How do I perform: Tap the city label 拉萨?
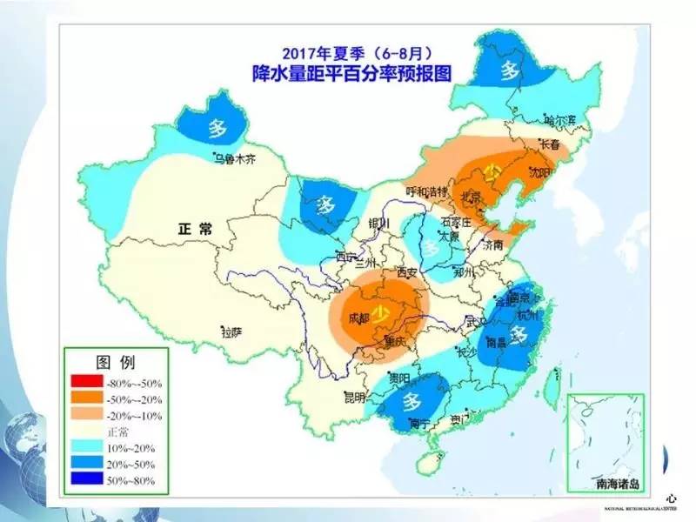(231, 331)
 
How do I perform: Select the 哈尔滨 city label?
(561, 120)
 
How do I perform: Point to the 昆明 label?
(355, 398)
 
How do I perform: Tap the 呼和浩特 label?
(426, 191)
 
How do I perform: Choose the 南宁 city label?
(419, 425)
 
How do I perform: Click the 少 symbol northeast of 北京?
(493, 171)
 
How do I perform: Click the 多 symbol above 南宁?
(412, 402)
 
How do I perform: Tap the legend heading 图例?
(116, 360)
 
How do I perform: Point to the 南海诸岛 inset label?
(604, 481)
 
